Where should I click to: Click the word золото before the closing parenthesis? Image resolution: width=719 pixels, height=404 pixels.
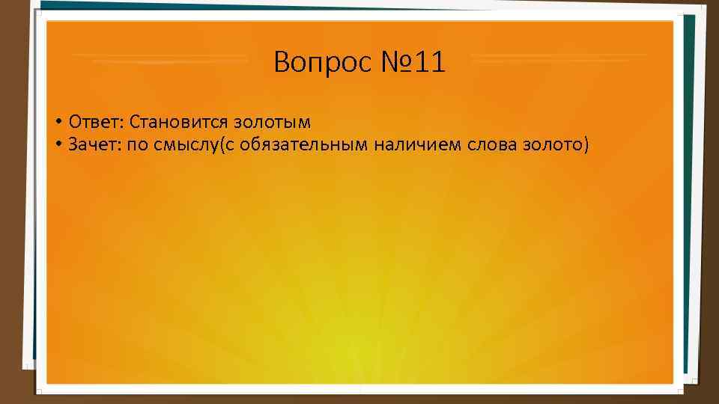[x=553, y=144]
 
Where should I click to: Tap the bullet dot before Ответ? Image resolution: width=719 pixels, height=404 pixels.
[x=57, y=121]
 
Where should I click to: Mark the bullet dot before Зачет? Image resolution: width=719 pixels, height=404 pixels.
[x=57, y=144]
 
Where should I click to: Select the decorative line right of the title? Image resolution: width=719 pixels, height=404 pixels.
[x=559, y=56]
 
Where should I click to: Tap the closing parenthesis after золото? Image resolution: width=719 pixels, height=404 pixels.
[x=586, y=145]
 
